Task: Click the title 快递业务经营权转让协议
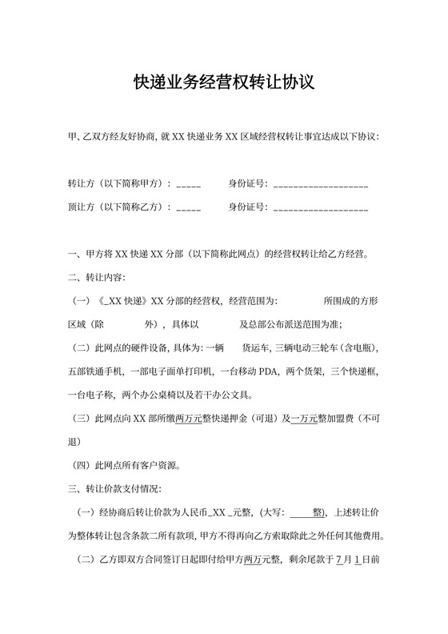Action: tap(223, 82)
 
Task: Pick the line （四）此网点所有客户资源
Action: tap(126, 465)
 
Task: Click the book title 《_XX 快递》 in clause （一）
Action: tap(122, 302)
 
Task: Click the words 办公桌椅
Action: tap(167, 395)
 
